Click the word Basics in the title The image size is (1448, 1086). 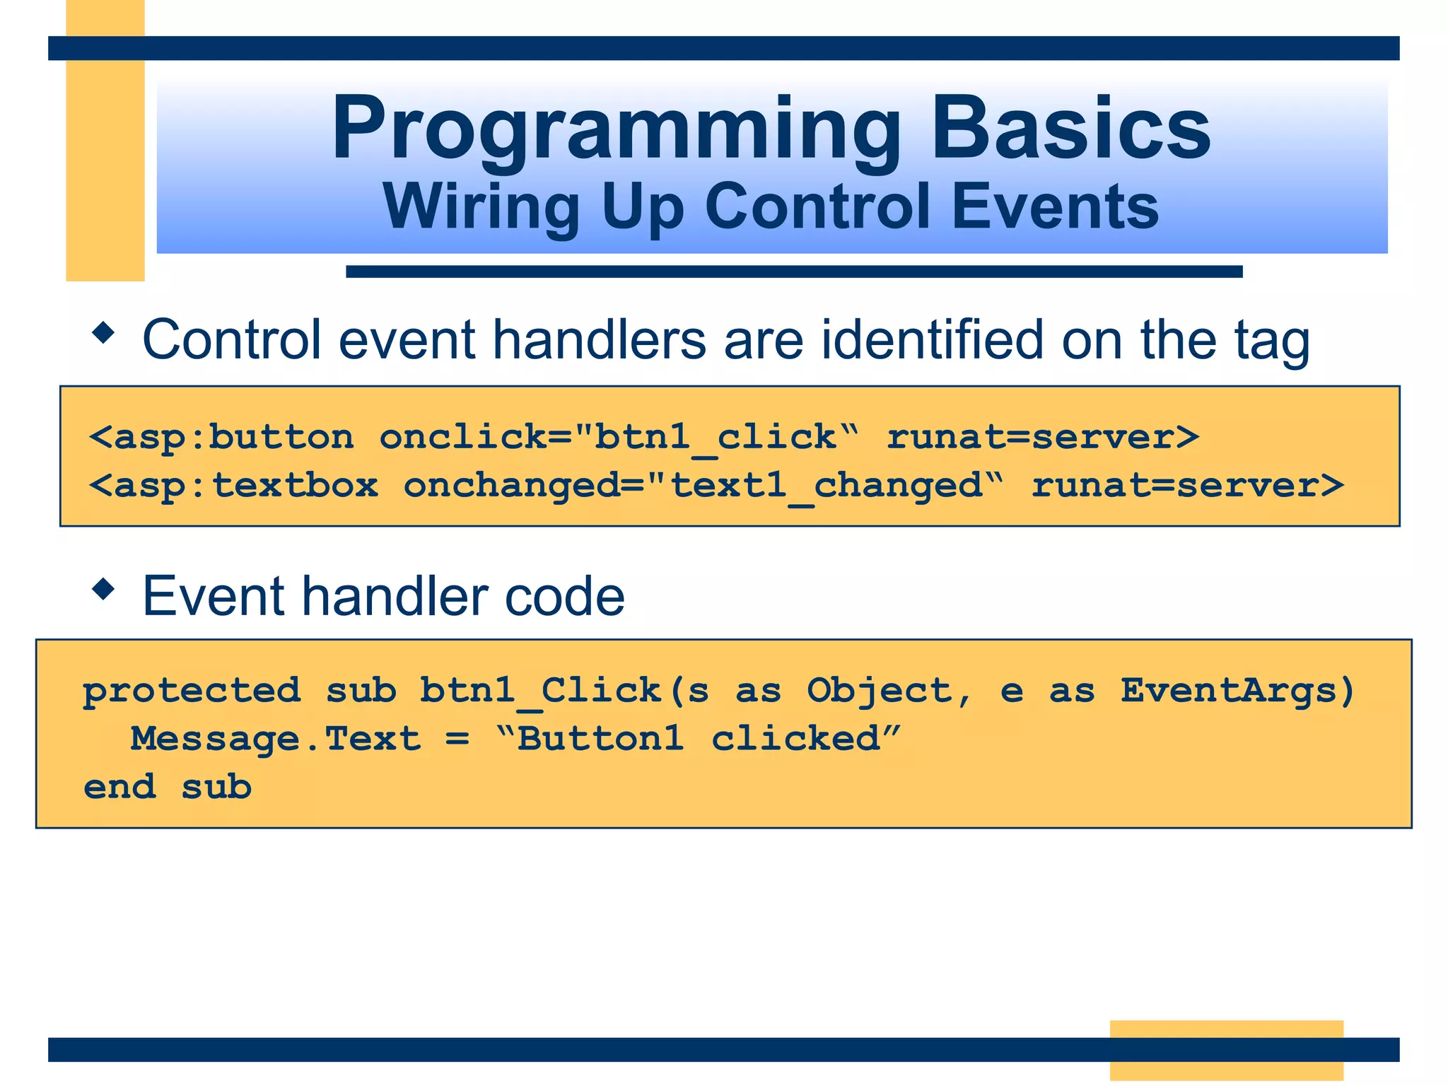1070,129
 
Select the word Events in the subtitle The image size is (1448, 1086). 1055,206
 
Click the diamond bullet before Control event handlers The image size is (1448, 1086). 103,333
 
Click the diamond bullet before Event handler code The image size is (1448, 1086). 103,588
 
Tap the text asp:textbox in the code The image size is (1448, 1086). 245,486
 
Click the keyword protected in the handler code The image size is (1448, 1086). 192,691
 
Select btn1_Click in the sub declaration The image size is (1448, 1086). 541,691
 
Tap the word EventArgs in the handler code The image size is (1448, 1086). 1237,691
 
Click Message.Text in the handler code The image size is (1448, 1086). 276,740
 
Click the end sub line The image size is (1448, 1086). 168,788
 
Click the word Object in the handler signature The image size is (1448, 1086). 880,691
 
